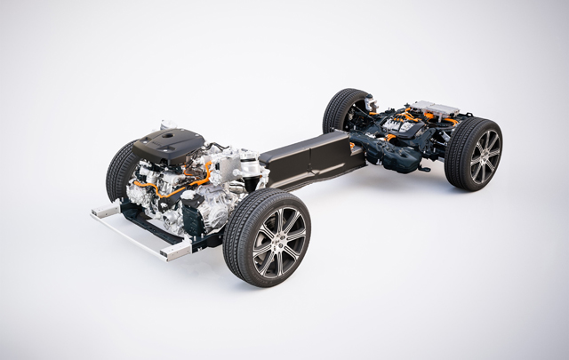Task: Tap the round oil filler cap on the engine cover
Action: pyautogui.click(x=169, y=136)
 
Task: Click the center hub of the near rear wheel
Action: pyautogui.click(x=485, y=156)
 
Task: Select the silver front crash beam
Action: pyautogui.click(x=133, y=233)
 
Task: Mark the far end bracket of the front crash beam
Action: pyautogui.click(x=101, y=210)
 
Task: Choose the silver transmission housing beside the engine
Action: pyautogui.click(x=233, y=174)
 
